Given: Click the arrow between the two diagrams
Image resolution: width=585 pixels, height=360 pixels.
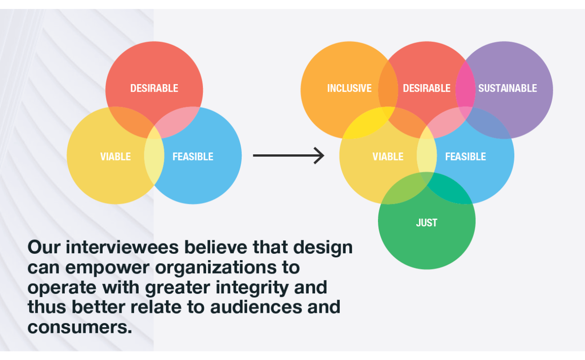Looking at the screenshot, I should tap(288, 155).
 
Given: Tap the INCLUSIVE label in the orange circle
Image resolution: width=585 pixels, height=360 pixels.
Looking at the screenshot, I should tap(349, 88).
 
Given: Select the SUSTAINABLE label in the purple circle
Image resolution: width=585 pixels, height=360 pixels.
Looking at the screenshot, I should tap(508, 88).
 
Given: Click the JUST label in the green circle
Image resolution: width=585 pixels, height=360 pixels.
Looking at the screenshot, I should tap(427, 223).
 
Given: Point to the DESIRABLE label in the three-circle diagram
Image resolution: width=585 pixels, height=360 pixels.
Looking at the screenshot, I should tap(154, 88).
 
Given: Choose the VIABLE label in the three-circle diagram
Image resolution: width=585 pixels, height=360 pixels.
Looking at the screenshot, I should tap(116, 157).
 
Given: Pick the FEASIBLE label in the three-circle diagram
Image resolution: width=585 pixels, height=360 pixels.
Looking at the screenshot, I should tap(193, 157).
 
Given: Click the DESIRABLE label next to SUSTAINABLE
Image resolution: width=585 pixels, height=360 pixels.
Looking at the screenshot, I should tap(427, 88).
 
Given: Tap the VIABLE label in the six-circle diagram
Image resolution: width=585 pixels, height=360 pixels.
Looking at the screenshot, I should tap(388, 157).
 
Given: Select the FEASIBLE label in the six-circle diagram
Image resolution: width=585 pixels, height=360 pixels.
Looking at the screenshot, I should tap(466, 157).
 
